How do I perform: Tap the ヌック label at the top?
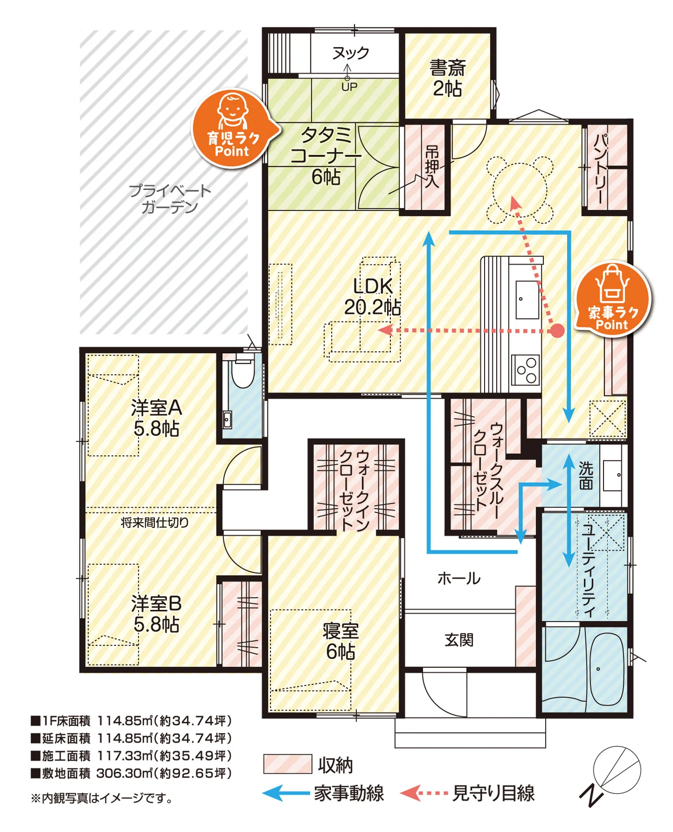click(350, 53)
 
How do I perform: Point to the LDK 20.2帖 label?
click(372, 297)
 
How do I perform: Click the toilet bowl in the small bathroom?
click(243, 373)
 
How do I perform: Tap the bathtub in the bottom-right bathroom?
click(606, 669)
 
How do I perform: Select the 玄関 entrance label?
click(459, 640)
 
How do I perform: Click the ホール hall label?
click(459, 578)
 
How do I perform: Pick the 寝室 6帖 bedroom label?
click(341, 641)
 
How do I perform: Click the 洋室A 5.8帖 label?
click(157, 418)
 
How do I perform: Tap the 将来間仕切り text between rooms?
click(155, 522)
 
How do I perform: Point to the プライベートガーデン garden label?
click(170, 199)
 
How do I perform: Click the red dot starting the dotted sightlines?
click(557, 331)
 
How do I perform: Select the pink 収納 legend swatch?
click(288, 764)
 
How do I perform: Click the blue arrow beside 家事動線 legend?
click(286, 793)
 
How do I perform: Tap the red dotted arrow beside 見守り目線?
click(424, 793)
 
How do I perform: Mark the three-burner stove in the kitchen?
click(526, 370)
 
